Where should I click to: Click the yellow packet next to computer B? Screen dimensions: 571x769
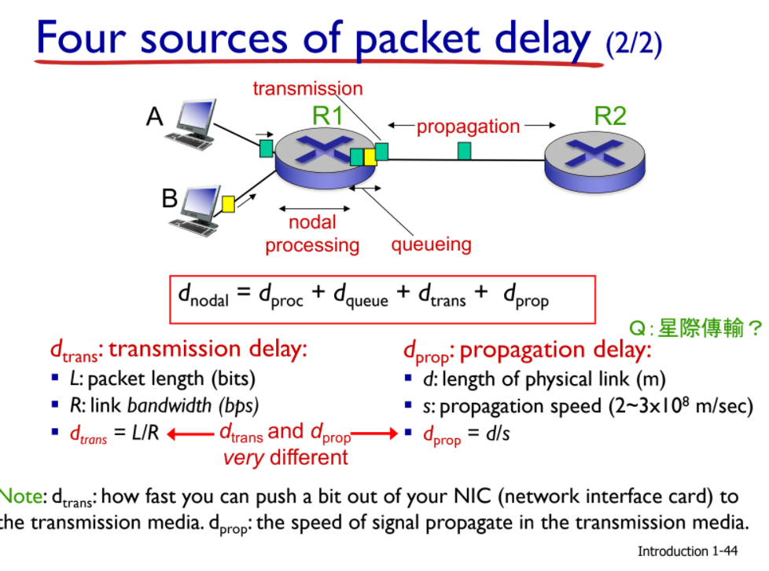pyautogui.click(x=228, y=204)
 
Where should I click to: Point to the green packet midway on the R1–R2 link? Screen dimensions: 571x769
pyautogui.click(x=465, y=151)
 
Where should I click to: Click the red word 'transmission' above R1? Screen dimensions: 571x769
pyautogui.click(x=307, y=88)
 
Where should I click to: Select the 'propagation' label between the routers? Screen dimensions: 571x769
pyautogui.click(x=468, y=126)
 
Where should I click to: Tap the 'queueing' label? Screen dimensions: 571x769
pyautogui.click(x=431, y=244)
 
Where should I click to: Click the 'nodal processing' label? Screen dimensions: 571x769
pyautogui.click(x=311, y=234)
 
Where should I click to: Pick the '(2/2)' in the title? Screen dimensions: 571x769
pyautogui.click(x=634, y=42)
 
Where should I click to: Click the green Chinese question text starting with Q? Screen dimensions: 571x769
pyautogui.click(x=697, y=328)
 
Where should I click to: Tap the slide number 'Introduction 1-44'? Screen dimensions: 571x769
pyautogui.click(x=688, y=551)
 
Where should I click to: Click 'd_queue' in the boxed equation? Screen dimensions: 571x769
pyautogui.click(x=360, y=295)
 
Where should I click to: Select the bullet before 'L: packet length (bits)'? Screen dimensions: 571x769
pyautogui.click(x=55, y=379)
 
